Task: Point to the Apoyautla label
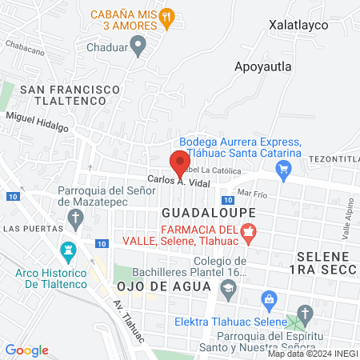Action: tap(264, 66)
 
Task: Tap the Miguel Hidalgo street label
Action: tap(37, 122)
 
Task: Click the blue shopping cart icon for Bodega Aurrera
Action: tap(282, 168)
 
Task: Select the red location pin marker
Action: tap(178, 163)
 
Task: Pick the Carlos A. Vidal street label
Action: tap(177, 182)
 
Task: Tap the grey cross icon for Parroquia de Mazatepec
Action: tap(75, 218)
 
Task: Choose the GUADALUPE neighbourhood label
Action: tap(208, 213)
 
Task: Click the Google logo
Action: tap(27, 350)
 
